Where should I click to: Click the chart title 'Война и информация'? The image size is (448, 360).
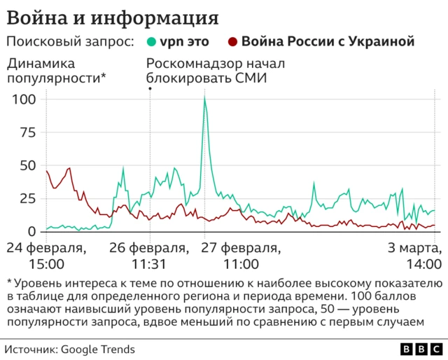112,16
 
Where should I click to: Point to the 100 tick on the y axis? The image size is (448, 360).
24,99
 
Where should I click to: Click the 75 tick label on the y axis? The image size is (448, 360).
27,132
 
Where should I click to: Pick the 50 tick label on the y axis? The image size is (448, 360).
27,165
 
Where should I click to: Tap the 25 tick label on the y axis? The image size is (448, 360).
27,198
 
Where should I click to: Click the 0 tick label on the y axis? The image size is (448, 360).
31,231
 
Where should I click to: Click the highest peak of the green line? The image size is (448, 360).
204,99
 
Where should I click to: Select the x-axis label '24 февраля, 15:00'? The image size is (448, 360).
46,256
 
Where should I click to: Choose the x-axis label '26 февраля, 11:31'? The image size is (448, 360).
149,256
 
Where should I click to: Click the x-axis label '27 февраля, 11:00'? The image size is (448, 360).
240,256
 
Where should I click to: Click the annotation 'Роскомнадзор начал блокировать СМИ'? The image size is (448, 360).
216,71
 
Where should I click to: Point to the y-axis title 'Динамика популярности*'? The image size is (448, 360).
56,71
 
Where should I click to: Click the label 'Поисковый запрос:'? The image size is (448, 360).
70,42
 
